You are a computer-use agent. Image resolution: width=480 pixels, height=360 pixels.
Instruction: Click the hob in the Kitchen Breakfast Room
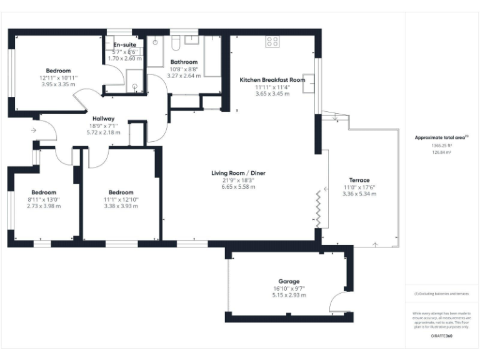tap(272, 42)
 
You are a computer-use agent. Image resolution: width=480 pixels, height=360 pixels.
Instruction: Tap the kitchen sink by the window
tap(308, 87)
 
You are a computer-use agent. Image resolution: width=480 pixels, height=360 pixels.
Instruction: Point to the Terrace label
tap(359, 180)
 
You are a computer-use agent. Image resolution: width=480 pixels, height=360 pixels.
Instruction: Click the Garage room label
tap(289, 281)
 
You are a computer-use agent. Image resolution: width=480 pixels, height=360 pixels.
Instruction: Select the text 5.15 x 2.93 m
tap(289, 295)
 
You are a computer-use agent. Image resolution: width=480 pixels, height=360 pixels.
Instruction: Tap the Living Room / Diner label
tap(238, 172)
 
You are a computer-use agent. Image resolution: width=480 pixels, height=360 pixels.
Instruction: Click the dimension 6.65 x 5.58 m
tap(238, 186)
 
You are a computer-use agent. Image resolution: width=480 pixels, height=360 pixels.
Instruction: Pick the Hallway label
tap(103, 119)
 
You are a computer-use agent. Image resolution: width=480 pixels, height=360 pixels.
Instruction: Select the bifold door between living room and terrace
tap(319, 209)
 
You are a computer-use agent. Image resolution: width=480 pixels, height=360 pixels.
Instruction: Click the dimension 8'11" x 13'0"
tap(44, 199)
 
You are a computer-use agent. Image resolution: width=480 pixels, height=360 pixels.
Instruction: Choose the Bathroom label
tap(184, 62)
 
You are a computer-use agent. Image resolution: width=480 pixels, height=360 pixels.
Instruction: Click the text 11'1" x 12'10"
tap(121, 199)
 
